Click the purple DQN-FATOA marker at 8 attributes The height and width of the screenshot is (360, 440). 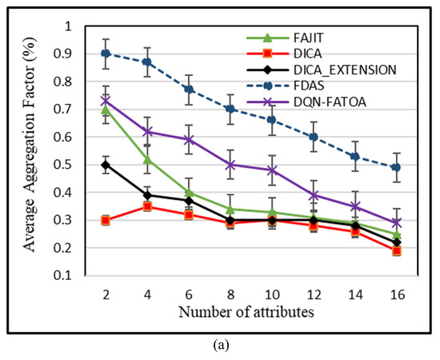[231, 165]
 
